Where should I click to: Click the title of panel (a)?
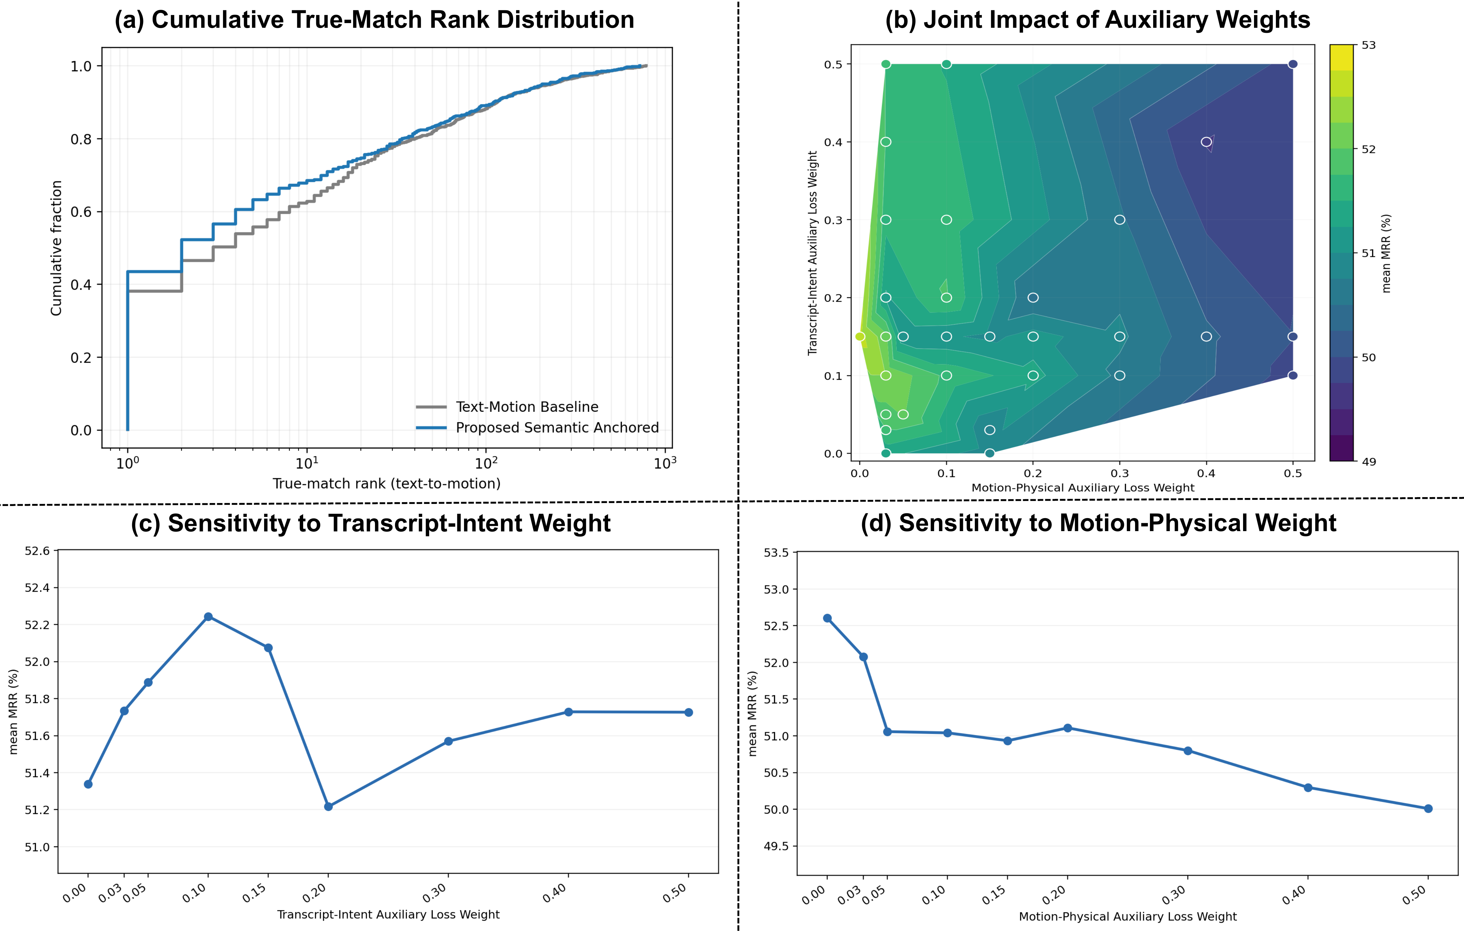(x=374, y=20)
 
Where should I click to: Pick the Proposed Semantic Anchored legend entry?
(x=537, y=428)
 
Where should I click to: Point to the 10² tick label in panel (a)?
(x=486, y=463)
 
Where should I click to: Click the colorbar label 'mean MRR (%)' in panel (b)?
(x=1386, y=253)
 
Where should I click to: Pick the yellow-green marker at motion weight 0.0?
(x=860, y=337)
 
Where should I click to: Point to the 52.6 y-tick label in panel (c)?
(x=37, y=551)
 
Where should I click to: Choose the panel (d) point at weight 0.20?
(x=1068, y=728)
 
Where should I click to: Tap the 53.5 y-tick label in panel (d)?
(x=776, y=553)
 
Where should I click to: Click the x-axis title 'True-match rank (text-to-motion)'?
(x=387, y=484)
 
